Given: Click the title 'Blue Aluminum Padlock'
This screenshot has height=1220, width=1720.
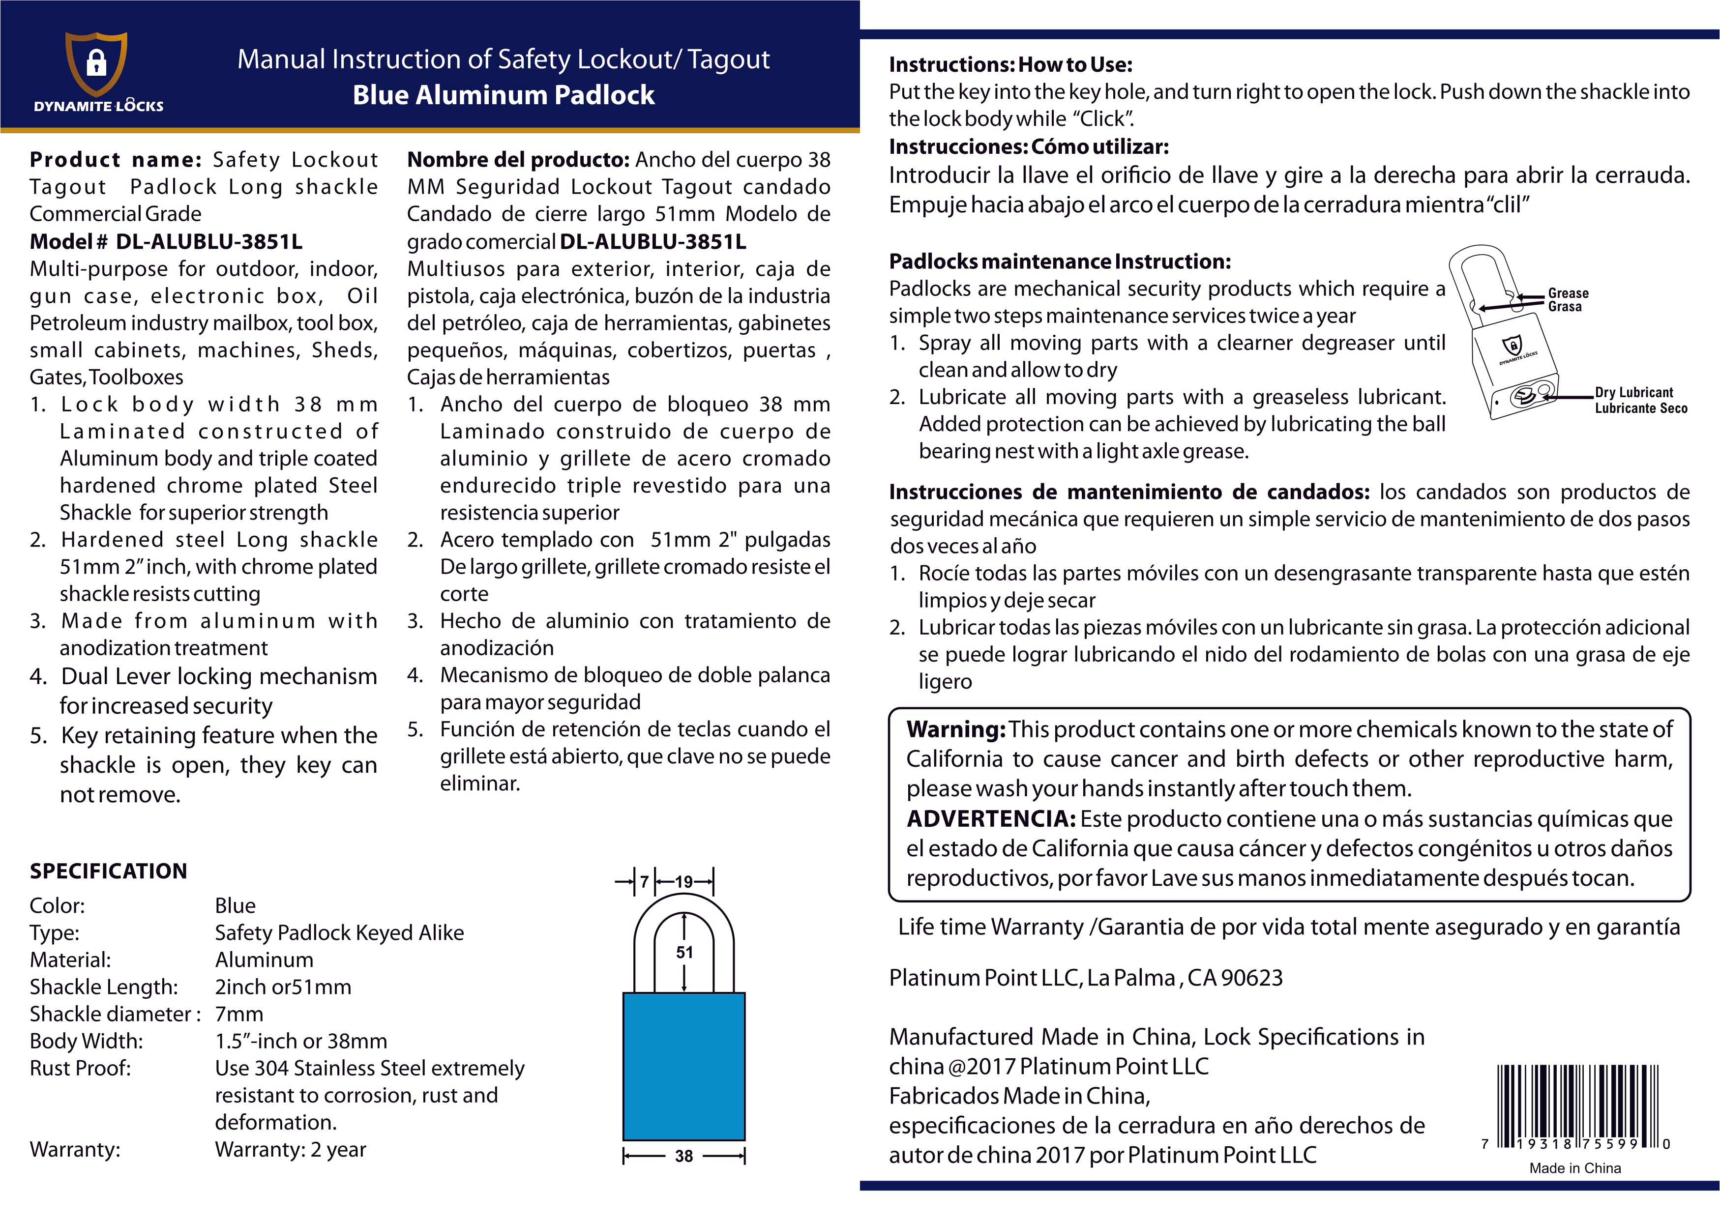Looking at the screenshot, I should pos(504,95).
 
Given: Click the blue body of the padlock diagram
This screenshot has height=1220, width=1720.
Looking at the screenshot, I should pos(684,1066).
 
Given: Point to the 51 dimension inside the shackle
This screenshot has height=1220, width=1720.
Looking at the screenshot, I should pos(684,953).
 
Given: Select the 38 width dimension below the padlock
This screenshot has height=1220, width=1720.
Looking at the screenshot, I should pos(684,1156).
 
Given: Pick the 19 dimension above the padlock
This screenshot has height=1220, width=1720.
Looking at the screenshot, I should pos(684,882).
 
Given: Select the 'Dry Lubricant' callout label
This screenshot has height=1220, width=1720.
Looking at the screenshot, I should pos(1634,392).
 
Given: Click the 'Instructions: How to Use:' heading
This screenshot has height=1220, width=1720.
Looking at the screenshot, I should pos(1010,64).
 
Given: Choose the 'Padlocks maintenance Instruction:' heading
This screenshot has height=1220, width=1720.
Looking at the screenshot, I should pos(1060,261).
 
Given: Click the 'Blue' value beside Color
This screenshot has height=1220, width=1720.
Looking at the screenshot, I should pos(235,905).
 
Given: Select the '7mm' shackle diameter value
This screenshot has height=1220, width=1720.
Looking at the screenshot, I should pos(239,1014).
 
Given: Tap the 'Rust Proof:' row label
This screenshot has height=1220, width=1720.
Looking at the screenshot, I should pos(81,1068).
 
